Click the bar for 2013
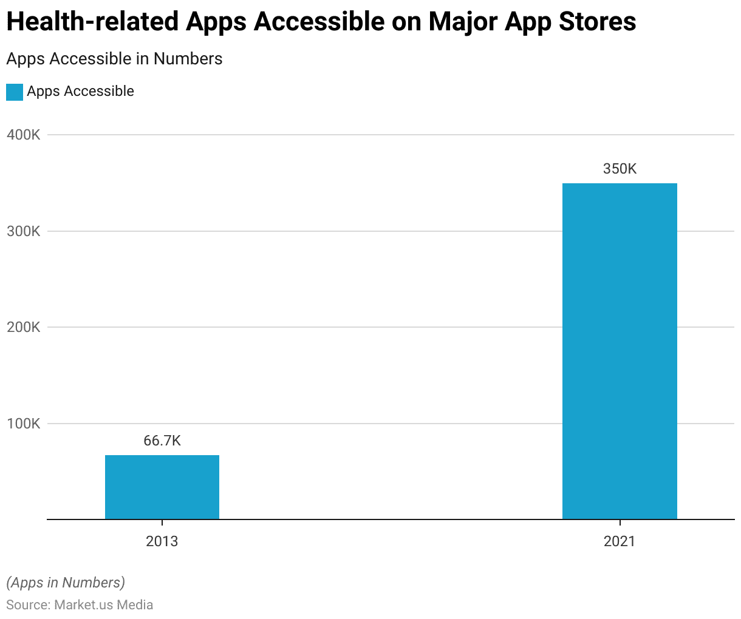tap(162, 487)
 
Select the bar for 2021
tap(620, 351)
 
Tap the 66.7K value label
tap(162, 441)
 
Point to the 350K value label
tap(620, 169)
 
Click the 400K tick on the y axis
tap(24, 135)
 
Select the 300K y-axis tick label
tap(24, 231)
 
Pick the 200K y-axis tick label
tap(24, 327)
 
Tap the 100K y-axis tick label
tap(24, 424)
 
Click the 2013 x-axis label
tap(162, 541)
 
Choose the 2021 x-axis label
tap(620, 541)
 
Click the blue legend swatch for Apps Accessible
tap(15, 92)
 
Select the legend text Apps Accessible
tap(80, 92)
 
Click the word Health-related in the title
tap(92, 22)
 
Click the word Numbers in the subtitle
tap(188, 59)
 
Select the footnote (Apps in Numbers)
tap(66, 583)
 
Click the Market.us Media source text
tap(103, 605)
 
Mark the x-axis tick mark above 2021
tap(620, 523)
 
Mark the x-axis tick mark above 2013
tap(162, 523)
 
